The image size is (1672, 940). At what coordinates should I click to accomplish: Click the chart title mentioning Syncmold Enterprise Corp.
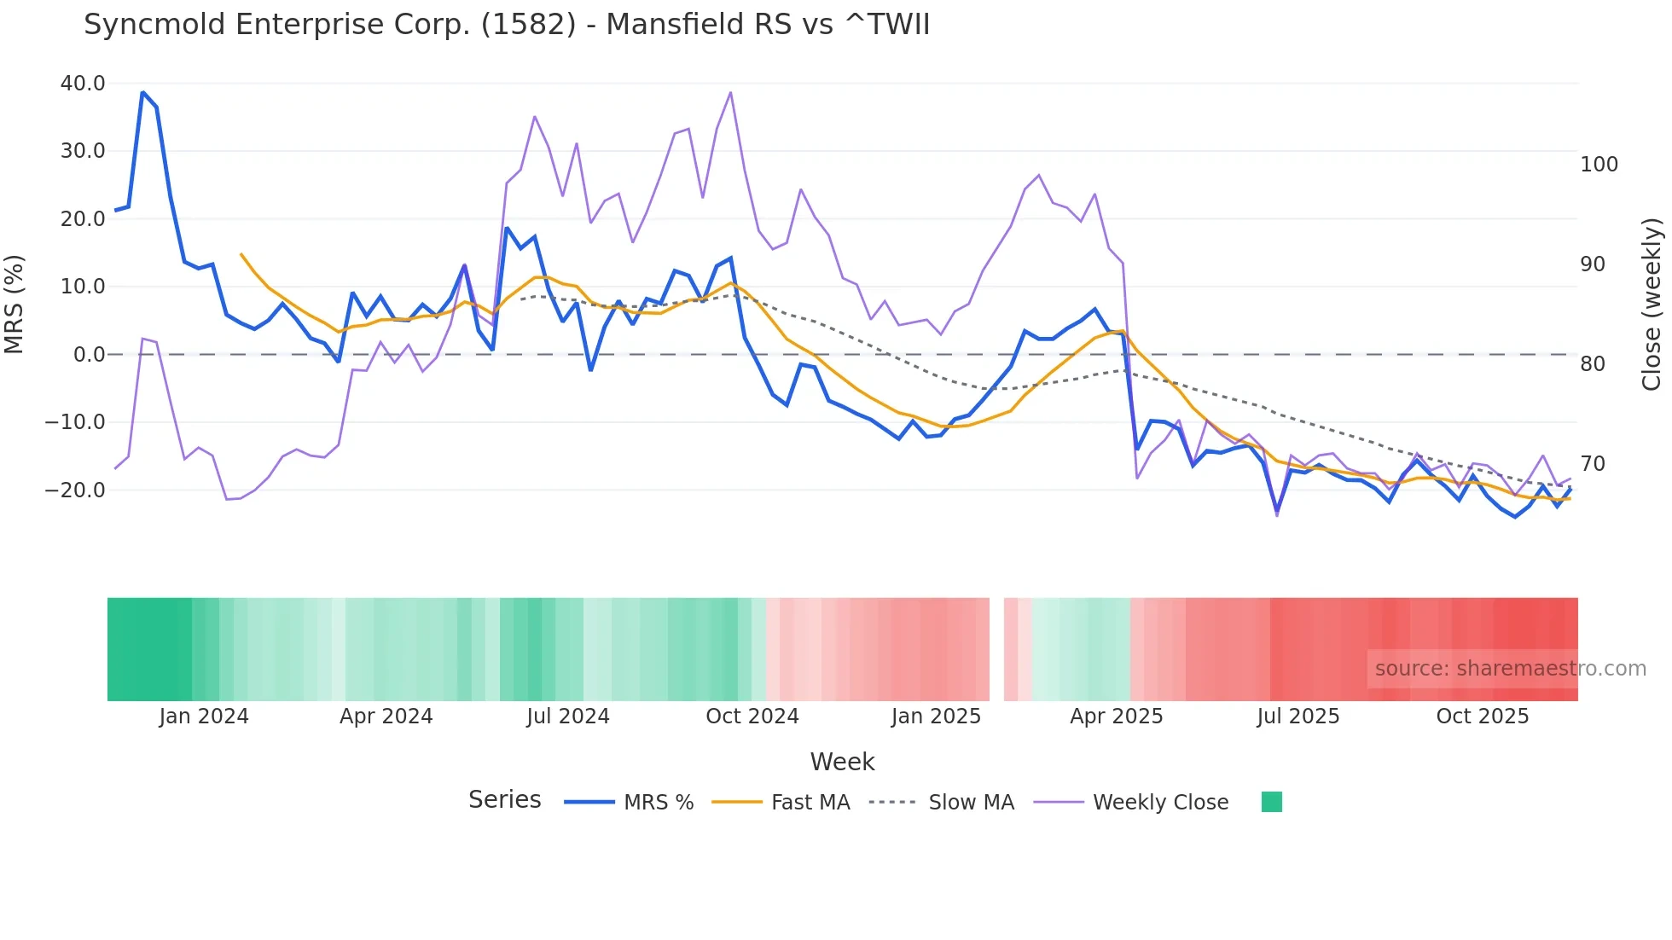[x=507, y=25]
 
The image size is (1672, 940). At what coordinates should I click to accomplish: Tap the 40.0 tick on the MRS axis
[x=83, y=84]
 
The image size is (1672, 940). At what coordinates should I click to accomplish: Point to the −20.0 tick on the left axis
[x=75, y=490]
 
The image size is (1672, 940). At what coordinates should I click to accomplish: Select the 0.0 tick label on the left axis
[x=89, y=355]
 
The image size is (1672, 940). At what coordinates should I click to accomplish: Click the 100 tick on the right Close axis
[x=1599, y=165]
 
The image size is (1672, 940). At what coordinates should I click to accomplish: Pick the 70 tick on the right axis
[x=1593, y=464]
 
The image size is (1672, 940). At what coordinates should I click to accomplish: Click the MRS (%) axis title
[x=15, y=305]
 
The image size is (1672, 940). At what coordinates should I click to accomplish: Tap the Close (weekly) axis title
[x=1652, y=305]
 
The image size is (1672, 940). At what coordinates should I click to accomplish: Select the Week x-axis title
[x=842, y=762]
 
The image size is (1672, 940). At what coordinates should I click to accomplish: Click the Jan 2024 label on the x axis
[x=204, y=717]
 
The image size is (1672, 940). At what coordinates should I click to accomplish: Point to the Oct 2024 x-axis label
[x=752, y=717]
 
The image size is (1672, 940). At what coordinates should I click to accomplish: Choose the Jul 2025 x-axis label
[x=1298, y=717]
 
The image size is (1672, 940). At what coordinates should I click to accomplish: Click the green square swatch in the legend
[x=1271, y=802]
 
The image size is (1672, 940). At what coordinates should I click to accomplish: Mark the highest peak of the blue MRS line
[x=142, y=92]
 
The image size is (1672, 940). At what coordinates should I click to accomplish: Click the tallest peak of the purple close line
[x=730, y=93]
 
